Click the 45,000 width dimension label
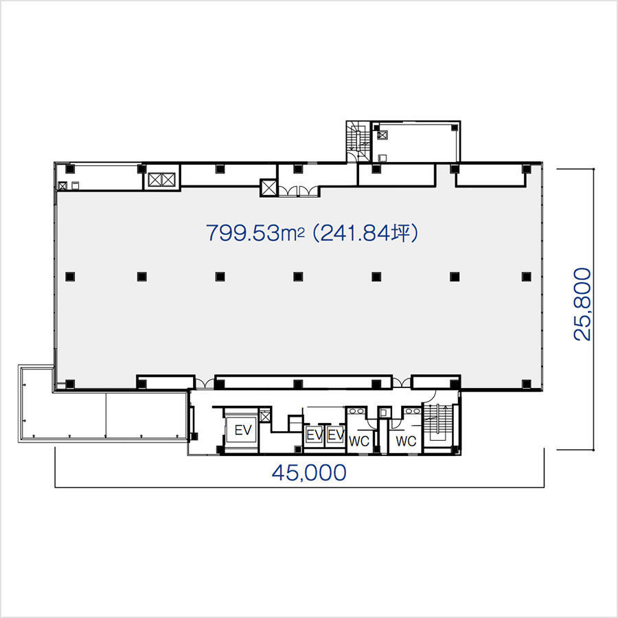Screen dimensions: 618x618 tap(309, 472)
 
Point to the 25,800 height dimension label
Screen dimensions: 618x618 tap(582, 304)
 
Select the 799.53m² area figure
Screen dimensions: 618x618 tap(255, 233)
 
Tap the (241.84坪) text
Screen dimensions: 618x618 tap(365, 233)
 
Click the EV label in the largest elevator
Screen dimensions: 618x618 tap(243, 430)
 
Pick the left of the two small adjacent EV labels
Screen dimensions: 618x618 tap(314, 435)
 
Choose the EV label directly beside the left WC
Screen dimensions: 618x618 tap(336, 435)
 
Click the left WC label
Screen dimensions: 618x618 tap(359, 441)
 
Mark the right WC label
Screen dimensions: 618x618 tap(406, 441)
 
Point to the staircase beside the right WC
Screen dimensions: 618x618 tap(437, 424)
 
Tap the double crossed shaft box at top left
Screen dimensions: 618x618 tap(161, 180)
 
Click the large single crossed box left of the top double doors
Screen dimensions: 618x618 tap(269, 188)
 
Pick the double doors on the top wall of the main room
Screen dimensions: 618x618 tap(299, 191)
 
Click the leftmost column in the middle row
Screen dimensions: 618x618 tap(70, 277)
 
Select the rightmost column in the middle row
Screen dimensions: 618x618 tap(526, 277)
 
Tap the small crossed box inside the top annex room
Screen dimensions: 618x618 tap(382, 135)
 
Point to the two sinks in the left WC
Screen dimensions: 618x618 tap(356, 411)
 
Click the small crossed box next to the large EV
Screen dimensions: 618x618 tap(265, 416)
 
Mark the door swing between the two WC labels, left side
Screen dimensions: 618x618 tap(371, 424)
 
